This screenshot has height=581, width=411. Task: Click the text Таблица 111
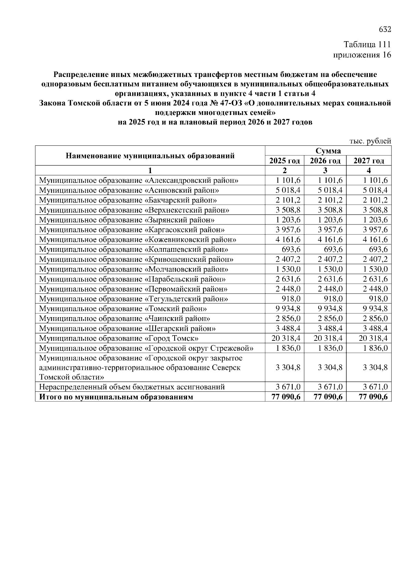(367, 45)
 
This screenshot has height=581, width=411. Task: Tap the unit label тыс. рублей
(370, 141)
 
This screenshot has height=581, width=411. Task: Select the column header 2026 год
(325, 161)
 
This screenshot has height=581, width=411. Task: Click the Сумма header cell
(328, 151)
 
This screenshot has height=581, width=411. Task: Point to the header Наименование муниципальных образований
(150, 156)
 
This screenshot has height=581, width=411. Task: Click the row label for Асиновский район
(129, 190)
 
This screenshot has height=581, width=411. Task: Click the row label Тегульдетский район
(134, 299)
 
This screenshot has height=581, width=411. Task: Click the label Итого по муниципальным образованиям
(116, 397)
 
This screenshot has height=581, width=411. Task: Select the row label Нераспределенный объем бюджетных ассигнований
(132, 387)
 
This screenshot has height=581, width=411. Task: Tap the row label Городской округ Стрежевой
(147, 348)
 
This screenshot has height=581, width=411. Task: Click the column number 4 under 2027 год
(369, 170)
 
